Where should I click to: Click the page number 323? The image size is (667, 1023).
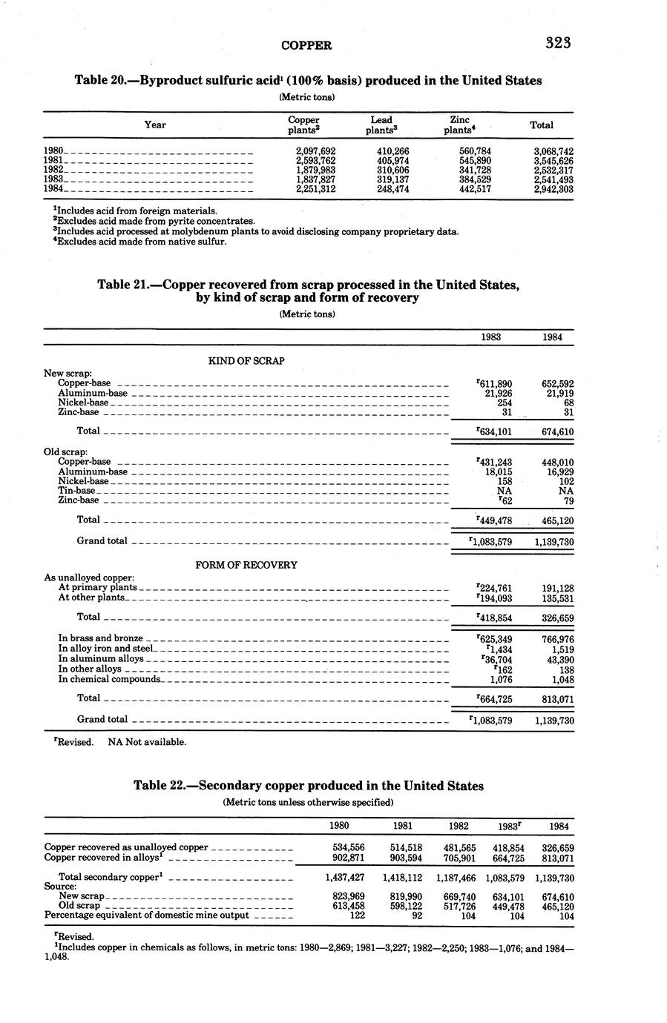(557, 43)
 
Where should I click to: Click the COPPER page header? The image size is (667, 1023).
(306, 45)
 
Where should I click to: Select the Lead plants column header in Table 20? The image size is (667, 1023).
(381, 125)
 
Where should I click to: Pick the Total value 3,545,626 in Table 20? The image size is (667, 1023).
(553, 160)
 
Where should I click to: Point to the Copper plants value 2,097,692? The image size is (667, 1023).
(315, 151)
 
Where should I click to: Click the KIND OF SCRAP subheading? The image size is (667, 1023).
(246, 361)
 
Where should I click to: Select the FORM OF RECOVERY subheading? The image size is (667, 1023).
(246, 565)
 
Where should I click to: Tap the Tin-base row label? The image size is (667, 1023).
(76, 491)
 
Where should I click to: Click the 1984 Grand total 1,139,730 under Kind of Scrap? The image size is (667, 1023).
(553, 542)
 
